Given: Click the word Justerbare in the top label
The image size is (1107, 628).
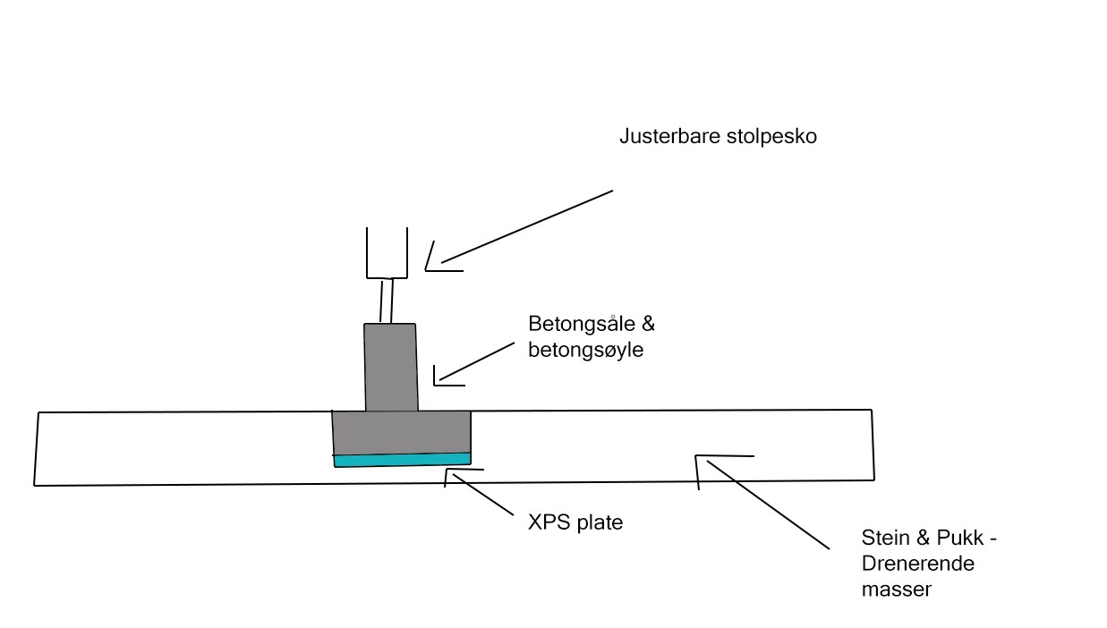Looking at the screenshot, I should pos(660,139).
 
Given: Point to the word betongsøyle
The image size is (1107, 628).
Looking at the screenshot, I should pos(586,350).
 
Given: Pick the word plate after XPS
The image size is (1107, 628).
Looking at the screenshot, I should pos(597,522).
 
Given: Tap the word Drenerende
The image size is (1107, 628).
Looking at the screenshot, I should pos(917,564).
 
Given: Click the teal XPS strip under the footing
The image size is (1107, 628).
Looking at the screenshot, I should pos(402,460).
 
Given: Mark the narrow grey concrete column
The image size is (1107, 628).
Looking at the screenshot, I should pos(390,367).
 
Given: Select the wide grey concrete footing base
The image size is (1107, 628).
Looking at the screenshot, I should pos(402,432).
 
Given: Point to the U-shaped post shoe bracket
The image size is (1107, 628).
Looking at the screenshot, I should pos(387,256).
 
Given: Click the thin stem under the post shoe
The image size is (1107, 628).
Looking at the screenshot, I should pos(387,301).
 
